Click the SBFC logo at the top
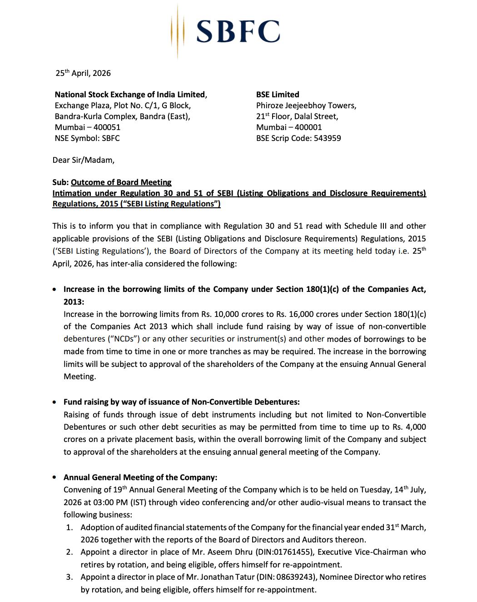[x=226, y=31]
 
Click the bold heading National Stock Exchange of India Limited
[x=130, y=95]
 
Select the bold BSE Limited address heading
[x=278, y=95]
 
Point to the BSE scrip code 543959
[x=327, y=138]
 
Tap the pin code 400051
[x=107, y=127]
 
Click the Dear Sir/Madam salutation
[x=84, y=160]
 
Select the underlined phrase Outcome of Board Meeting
[x=121, y=182]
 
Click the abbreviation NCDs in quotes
[x=123, y=339]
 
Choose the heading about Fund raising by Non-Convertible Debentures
[x=181, y=402]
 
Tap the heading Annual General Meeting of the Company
[x=140, y=477]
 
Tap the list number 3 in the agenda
[x=69, y=577]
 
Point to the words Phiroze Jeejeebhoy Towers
[x=306, y=105]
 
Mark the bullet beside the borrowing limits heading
[x=55, y=289]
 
